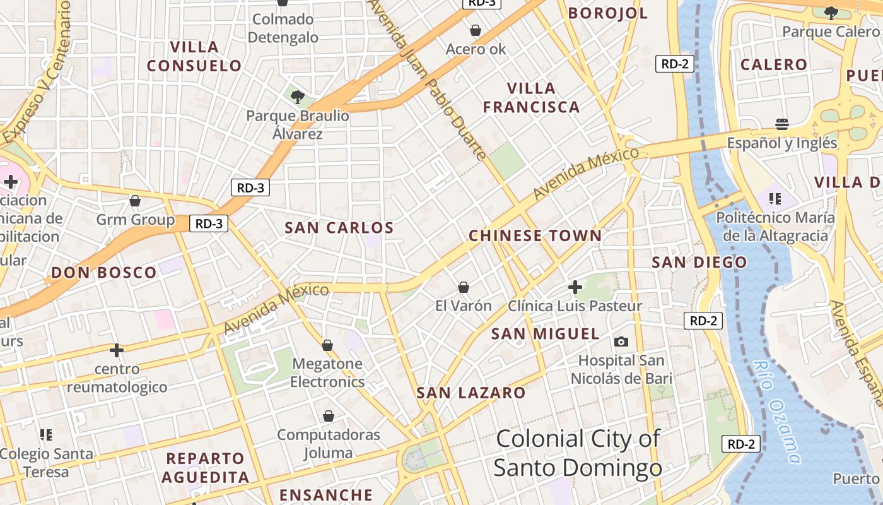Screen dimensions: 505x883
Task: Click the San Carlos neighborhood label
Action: pos(339,228)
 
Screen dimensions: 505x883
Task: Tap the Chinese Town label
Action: pos(535,236)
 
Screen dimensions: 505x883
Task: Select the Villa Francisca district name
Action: pos(531,98)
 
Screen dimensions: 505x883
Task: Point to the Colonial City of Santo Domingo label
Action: pos(577,453)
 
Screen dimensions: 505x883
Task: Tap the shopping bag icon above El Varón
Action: pos(464,287)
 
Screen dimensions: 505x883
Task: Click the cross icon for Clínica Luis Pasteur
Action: pos(575,287)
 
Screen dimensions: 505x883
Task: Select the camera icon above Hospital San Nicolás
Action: pos(621,342)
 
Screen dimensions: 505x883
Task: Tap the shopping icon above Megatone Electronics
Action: pos(327,345)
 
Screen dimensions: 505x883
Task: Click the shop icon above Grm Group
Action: pos(135,201)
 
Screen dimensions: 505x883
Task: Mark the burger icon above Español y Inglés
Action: pos(782,124)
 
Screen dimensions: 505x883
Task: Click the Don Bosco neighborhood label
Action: pos(104,273)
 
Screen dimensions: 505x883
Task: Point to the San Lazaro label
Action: pos(471,393)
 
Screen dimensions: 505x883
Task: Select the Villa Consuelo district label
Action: pos(194,56)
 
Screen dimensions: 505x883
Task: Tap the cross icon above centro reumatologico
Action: pos(117,350)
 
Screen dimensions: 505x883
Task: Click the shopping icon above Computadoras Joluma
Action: pos(329,416)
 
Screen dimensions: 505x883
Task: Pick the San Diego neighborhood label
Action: pos(699,262)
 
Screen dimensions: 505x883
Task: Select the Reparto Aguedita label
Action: pos(205,467)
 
